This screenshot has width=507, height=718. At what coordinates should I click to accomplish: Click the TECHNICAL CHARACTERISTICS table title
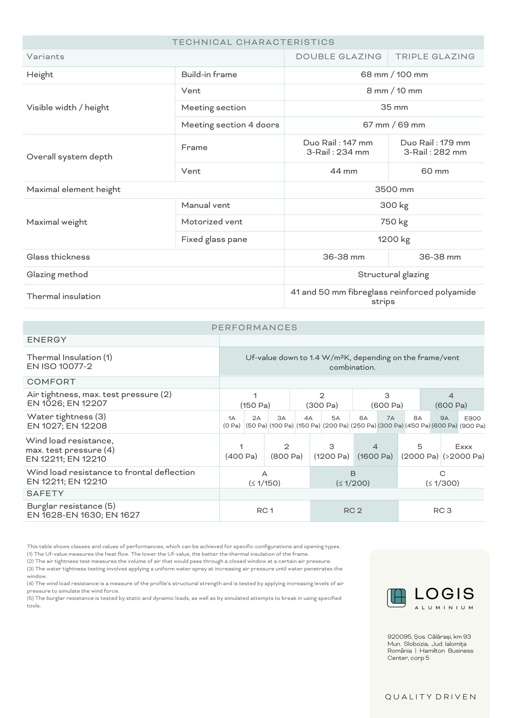[253, 42]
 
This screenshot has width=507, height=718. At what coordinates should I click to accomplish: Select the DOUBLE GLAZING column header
[338, 57]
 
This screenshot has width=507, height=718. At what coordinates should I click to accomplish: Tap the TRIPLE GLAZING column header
[435, 57]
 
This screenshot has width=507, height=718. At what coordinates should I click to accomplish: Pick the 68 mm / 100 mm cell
[394, 75]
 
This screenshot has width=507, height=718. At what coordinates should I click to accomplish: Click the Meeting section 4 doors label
[230, 125]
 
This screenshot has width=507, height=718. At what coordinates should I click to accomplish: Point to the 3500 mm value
[394, 190]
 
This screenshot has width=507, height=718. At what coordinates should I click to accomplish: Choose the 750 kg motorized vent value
[394, 222]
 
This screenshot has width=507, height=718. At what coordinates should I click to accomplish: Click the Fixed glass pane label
[214, 239]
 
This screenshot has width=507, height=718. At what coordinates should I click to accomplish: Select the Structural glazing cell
[393, 275]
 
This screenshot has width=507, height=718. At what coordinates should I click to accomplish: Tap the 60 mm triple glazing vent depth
[435, 171]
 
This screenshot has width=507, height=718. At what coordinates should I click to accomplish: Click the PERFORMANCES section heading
[254, 327]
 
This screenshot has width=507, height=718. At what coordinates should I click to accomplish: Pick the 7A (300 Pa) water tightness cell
[390, 422]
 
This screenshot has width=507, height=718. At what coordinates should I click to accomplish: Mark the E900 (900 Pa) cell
[472, 422]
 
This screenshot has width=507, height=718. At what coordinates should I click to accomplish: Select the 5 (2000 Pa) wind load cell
[420, 451]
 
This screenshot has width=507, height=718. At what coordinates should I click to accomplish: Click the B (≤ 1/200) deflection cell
[353, 478]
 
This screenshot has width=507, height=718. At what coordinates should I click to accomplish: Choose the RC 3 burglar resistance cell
[442, 510]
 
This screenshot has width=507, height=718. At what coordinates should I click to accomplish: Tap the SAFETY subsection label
[45, 494]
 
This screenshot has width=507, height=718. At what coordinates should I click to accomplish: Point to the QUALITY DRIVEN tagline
[431, 697]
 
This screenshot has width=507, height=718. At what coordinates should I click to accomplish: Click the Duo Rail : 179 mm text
[435, 143]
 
